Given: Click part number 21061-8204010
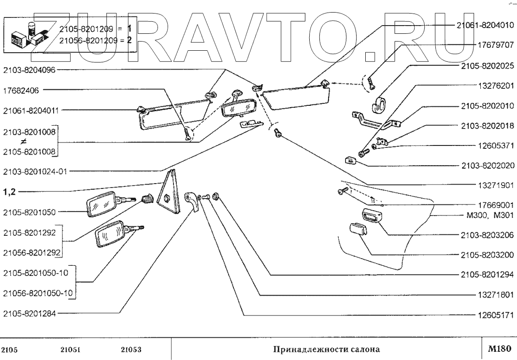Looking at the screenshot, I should click(x=485, y=26).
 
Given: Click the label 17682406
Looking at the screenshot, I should click(x=21, y=90).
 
